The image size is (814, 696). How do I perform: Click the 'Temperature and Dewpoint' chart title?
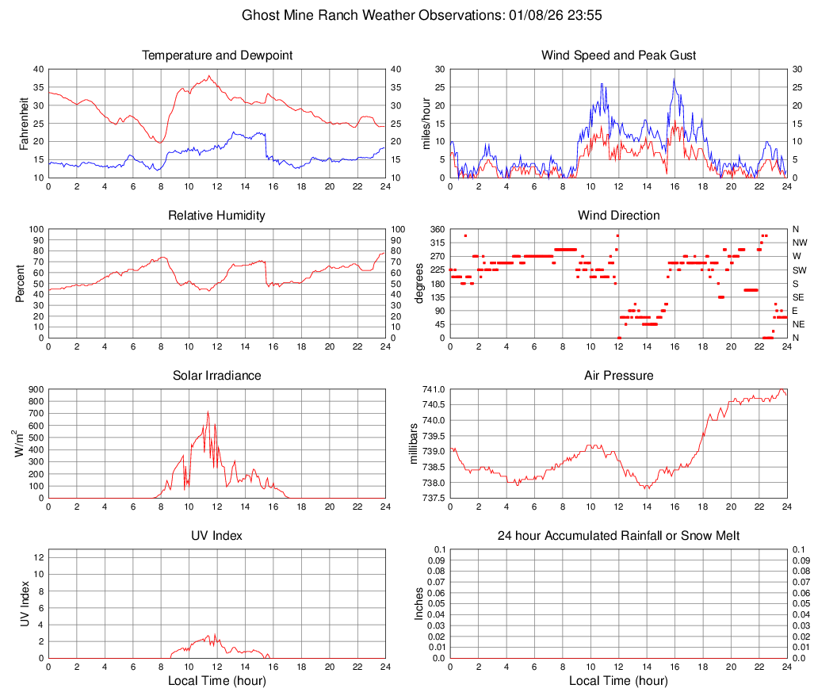216,55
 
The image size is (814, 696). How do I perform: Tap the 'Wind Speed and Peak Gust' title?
618,55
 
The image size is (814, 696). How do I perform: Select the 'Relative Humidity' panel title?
216,216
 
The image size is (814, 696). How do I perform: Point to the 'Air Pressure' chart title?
618,376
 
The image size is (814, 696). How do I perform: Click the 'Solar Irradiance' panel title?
216,376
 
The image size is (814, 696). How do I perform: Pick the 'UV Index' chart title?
216,536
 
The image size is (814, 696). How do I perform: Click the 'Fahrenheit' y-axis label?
24,124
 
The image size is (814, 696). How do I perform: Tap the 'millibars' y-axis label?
413,443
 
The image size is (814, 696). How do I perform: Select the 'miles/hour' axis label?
426,124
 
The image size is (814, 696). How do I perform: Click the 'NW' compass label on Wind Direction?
800,243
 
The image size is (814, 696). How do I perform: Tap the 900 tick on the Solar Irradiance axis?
35,389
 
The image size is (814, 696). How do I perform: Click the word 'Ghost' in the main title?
261,15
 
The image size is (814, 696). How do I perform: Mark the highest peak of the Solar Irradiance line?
208,411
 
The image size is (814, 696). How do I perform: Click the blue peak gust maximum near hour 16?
674,78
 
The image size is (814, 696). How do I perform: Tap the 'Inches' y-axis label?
419,603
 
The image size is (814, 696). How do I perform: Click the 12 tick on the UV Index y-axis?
38,556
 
